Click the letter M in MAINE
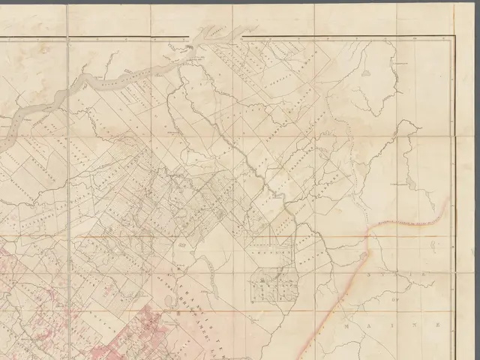[x=346, y=328]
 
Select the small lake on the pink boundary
[x=365, y=256]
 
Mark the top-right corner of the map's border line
[x=454, y=34]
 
